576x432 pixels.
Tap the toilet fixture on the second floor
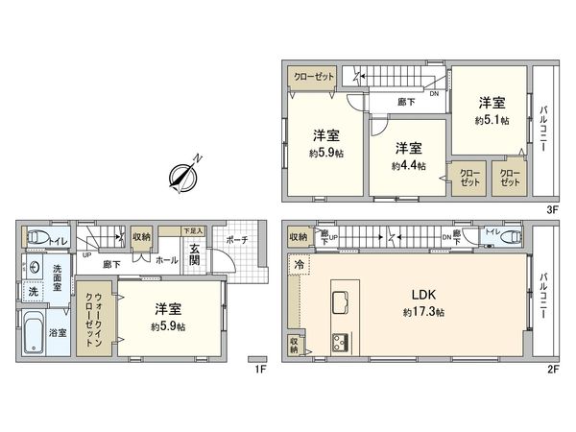(507, 237)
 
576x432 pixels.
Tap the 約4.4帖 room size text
(407, 165)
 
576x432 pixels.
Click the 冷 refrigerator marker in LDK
(298, 262)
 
